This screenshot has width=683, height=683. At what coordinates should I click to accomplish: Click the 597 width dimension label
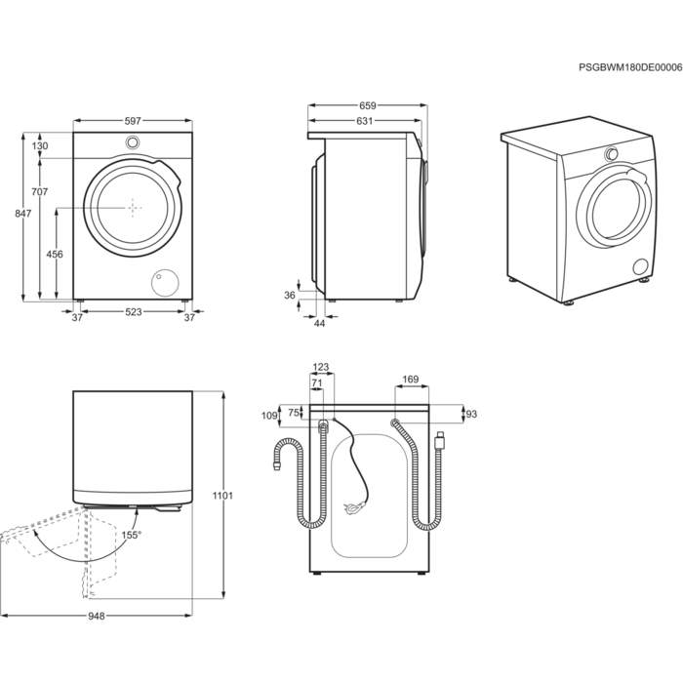pos(133,120)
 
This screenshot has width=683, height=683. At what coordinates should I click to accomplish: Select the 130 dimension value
pos(40,145)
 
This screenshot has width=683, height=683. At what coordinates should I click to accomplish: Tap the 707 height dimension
pos(40,191)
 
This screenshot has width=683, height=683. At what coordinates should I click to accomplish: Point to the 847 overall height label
pos(23,212)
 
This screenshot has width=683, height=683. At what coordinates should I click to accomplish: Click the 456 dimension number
pos(56,254)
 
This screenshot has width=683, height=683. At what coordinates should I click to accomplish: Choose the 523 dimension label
pos(134,311)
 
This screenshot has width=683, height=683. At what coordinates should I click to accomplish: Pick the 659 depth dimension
pos(368,105)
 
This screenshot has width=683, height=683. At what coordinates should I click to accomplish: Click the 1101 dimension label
pos(223,496)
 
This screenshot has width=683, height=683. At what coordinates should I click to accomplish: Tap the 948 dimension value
pos(96,616)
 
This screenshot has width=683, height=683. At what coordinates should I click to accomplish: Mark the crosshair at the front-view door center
pos(133,206)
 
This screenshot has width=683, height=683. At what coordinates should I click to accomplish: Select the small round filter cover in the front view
pos(164,282)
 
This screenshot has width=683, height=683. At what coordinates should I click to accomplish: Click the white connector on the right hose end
pos(440,441)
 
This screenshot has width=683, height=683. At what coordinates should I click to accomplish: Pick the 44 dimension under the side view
pos(319,323)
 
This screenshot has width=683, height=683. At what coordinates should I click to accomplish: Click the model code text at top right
pos(629,68)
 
